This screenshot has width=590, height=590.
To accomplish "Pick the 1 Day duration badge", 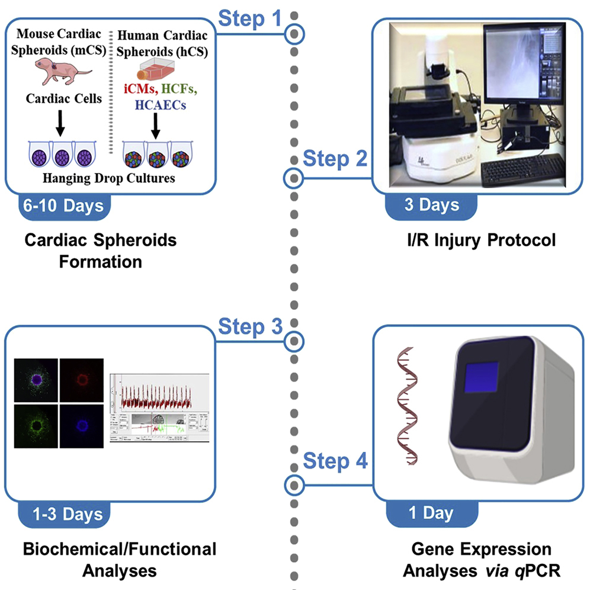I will (431, 512).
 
